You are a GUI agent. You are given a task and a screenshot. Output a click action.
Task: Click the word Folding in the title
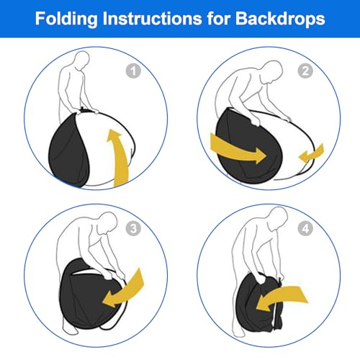66,19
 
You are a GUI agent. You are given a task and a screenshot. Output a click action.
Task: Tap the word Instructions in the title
153,19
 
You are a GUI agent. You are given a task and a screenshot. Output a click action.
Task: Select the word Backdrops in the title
280,19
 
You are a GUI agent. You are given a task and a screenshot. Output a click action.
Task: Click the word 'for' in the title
219,19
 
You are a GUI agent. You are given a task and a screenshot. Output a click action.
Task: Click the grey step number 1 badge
133,71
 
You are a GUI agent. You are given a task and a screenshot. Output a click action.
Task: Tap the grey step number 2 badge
305,71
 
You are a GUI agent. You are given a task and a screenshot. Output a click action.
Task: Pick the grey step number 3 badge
133,228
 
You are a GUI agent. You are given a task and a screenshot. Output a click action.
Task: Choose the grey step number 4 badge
305,228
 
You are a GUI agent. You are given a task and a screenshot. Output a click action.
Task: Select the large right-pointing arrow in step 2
238,150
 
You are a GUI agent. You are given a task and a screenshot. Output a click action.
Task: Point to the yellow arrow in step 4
281,297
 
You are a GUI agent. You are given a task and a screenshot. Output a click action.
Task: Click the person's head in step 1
81,60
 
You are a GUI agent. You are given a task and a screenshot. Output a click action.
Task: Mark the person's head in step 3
108,223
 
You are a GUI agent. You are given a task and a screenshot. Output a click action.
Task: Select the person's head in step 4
279,218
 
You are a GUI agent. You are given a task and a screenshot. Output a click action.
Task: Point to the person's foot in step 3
70,327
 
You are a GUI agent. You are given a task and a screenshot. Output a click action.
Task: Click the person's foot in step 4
239,333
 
